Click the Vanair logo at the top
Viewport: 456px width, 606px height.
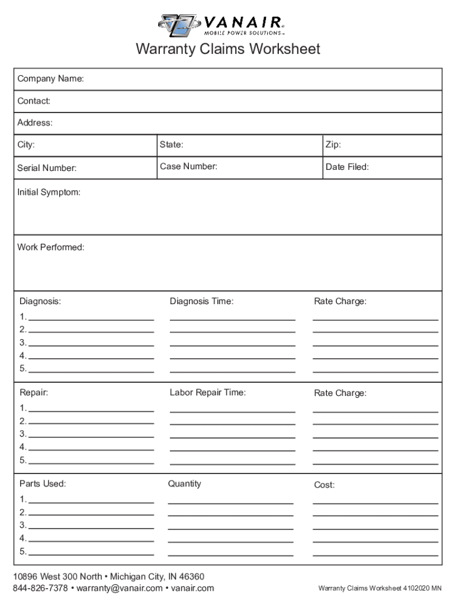coord(221,25)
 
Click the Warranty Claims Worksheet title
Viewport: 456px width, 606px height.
coord(228,49)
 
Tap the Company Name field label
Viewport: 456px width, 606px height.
coord(50,79)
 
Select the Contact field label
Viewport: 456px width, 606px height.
coord(34,101)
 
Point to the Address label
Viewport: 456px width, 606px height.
coord(35,123)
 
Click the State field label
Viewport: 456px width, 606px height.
coord(171,145)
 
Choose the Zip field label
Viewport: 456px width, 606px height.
coord(333,145)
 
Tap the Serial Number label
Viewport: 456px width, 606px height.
coord(47,168)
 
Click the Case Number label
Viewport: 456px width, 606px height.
coord(188,166)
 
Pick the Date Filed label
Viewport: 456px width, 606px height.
coord(347,167)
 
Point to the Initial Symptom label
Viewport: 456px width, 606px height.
coord(49,192)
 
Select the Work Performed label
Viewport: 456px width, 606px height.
coord(51,247)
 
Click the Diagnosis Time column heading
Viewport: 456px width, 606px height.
coord(201,301)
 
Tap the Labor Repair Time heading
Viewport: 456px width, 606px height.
coord(207,392)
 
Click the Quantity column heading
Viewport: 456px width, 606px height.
coord(184,483)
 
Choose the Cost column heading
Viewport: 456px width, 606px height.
coord(324,485)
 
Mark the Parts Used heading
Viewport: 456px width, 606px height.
coord(43,483)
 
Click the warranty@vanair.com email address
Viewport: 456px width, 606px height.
coord(119,588)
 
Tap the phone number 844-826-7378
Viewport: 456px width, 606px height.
coord(40,588)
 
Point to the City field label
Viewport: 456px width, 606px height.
coord(26,145)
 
